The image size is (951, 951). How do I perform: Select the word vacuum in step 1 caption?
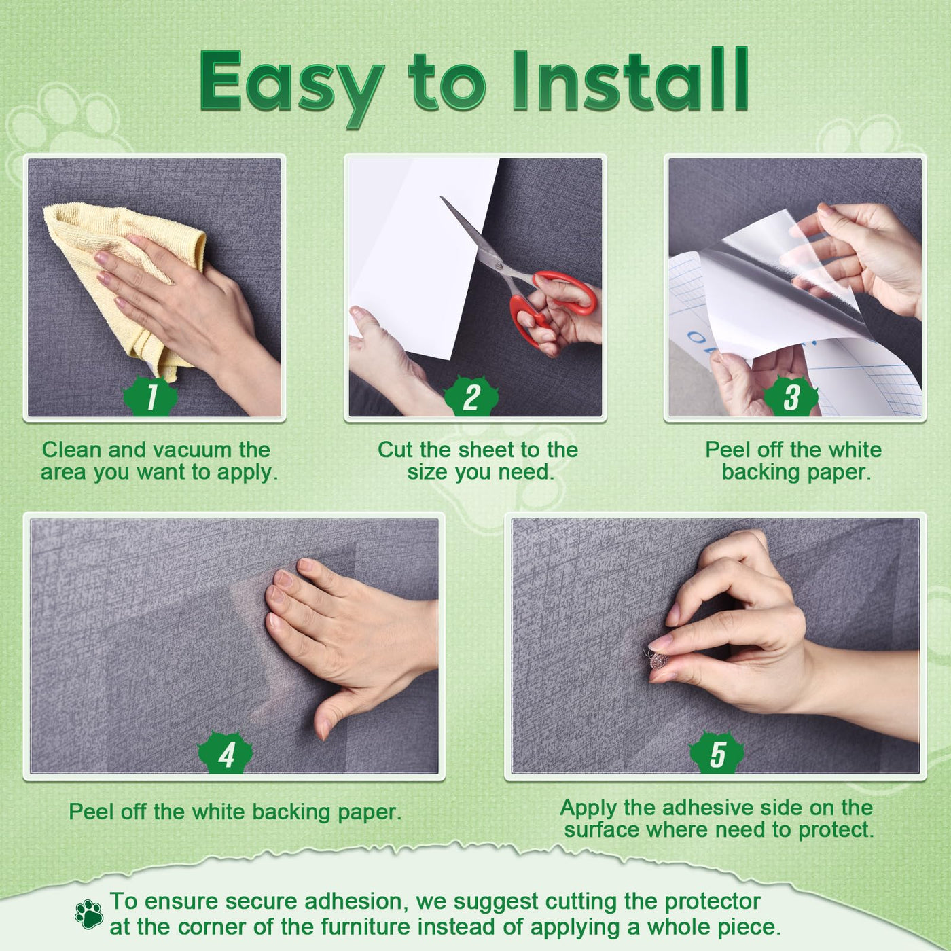pyautogui.click(x=187, y=450)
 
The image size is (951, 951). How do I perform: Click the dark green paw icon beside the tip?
pyautogui.click(x=89, y=914)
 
